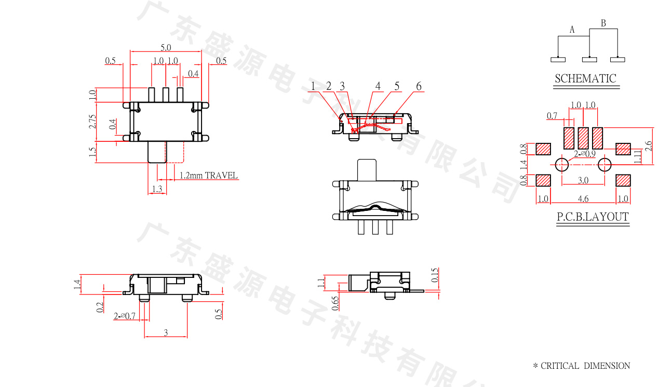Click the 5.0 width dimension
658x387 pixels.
[166, 47]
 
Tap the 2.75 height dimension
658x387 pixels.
[92, 121]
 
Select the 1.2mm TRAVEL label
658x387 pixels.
[208, 176]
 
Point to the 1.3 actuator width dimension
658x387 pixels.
[157, 189]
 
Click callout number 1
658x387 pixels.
[313, 86]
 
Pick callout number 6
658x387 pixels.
[419, 86]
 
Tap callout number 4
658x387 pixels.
[378, 86]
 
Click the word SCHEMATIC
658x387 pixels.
[585, 79]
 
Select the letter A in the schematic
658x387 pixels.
[572, 30]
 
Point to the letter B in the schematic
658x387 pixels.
[603, 23]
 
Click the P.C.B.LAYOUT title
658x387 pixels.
[593, 217]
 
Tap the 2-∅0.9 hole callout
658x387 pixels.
[584, 154]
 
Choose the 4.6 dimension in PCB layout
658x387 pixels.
[583, 198]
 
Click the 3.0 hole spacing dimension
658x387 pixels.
[583, 180]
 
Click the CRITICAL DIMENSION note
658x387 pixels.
[582, 366]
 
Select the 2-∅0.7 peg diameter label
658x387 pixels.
[125, 316]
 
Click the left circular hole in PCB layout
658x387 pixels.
[562, 165]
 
